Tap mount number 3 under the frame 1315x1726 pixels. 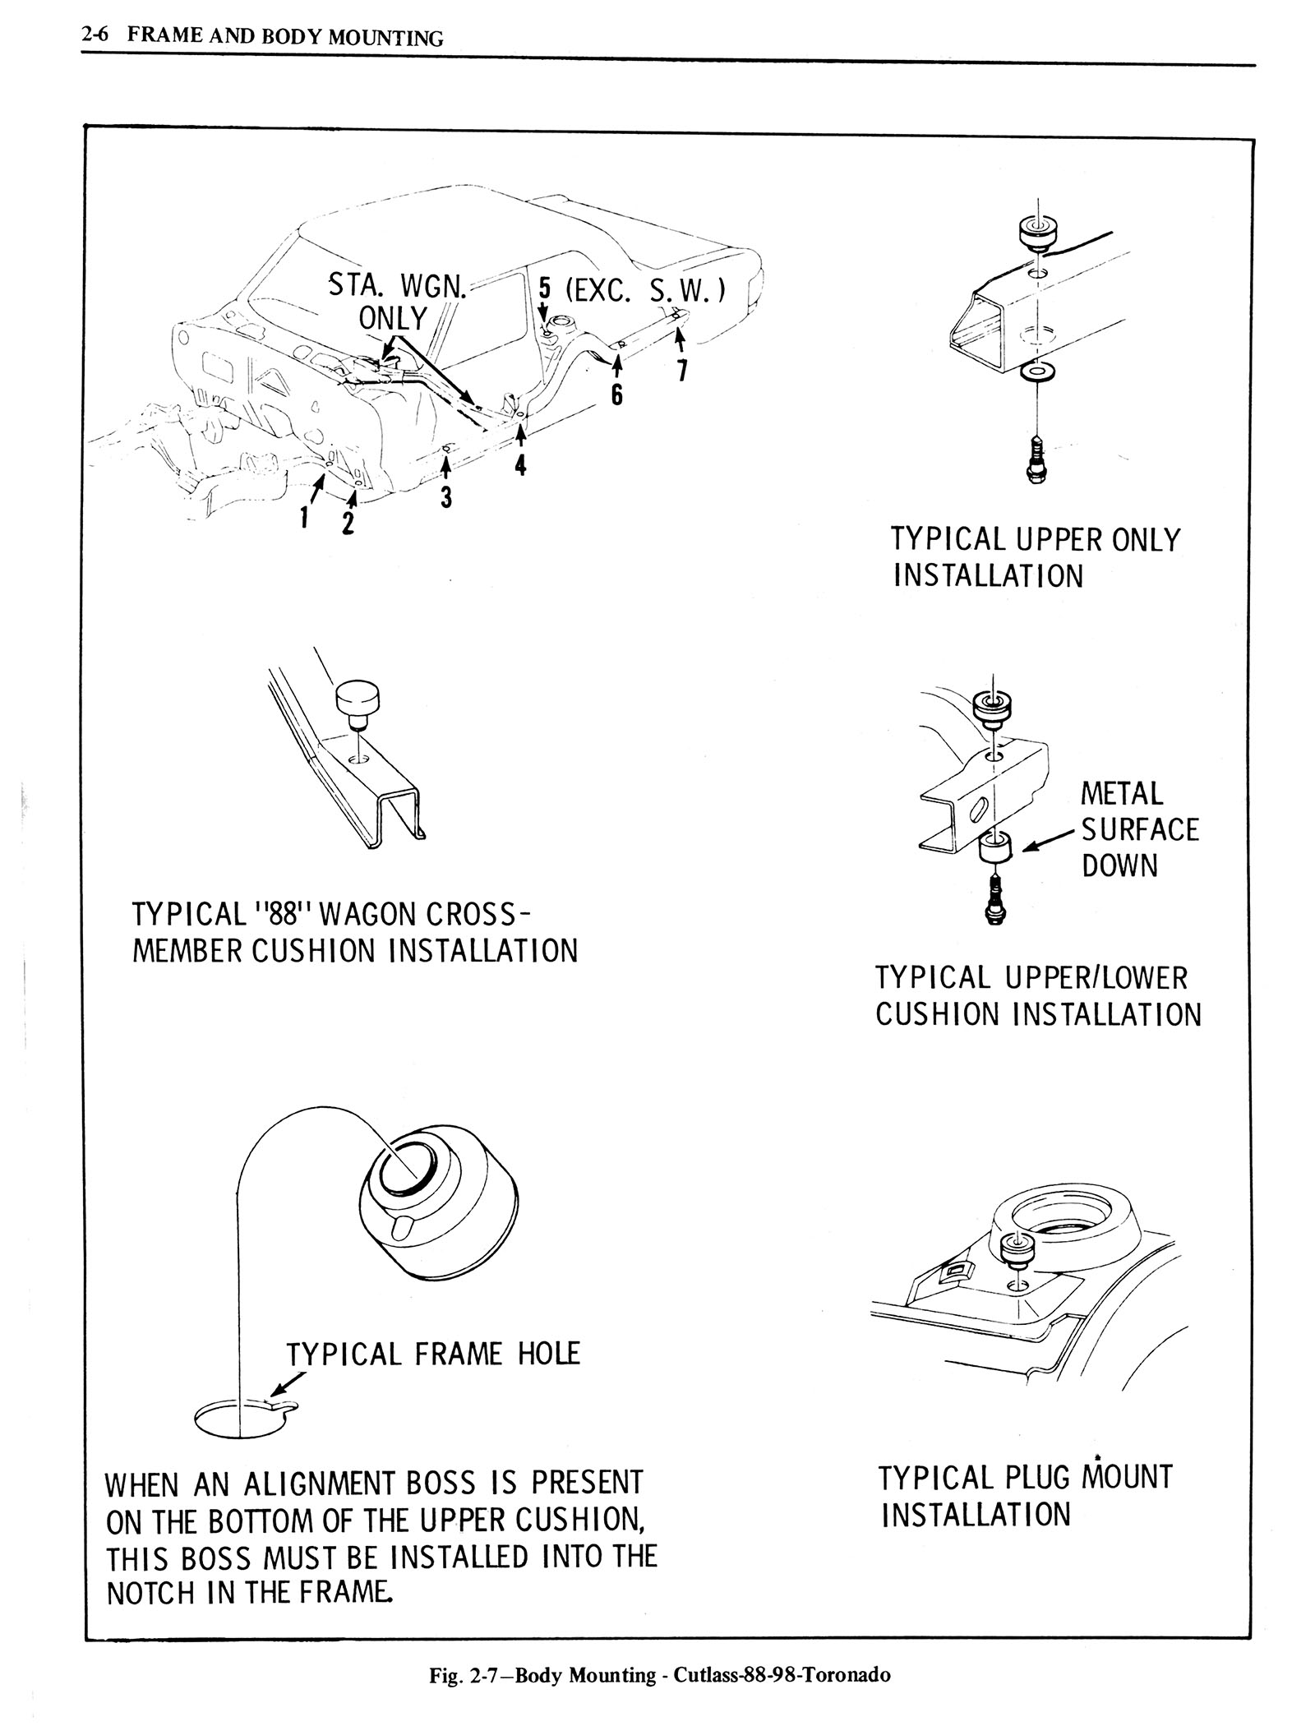click(445, 496)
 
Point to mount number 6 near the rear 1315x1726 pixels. click(617, 394)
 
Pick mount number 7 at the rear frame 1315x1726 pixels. click(681, 371)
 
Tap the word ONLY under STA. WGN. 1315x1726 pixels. click(393, 318)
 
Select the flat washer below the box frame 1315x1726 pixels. click(1038, 375)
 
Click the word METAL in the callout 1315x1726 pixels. click(1122, 794)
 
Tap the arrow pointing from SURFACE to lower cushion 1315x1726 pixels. click(1047, 841)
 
